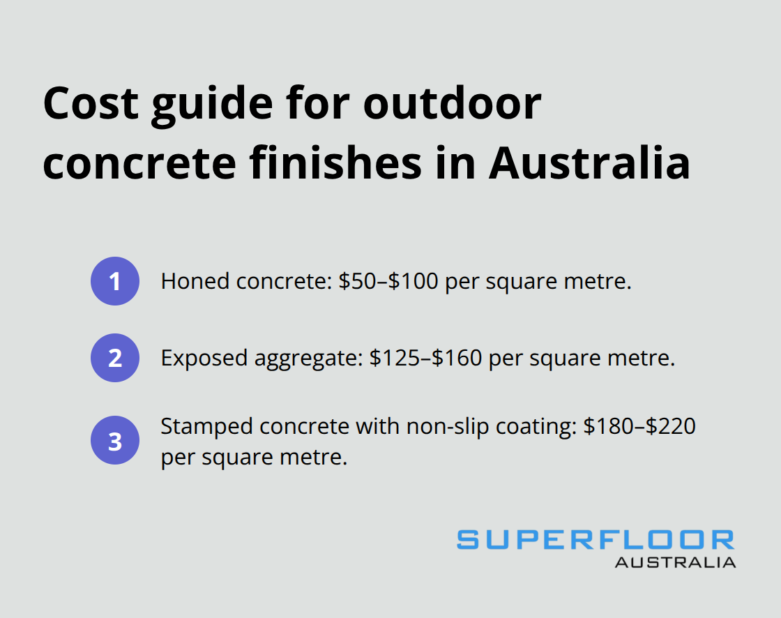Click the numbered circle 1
115,282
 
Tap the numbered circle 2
115,358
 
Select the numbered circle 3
115,442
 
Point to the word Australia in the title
589,164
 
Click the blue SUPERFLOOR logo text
596,540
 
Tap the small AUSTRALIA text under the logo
674,562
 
